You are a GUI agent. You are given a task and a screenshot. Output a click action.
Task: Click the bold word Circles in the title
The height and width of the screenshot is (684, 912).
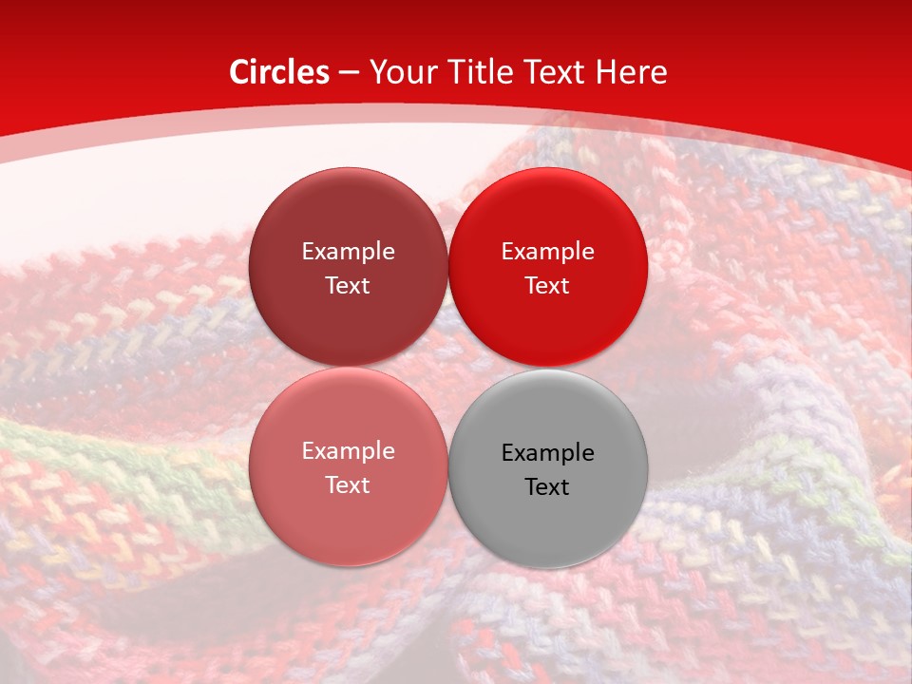point(278,72)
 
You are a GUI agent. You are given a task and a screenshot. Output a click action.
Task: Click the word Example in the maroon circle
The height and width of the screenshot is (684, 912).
point(348,251)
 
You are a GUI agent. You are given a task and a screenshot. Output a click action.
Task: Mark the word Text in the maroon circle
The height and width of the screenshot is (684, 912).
point(348,285)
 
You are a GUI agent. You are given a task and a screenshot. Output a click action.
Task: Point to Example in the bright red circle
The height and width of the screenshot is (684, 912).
point(547,251)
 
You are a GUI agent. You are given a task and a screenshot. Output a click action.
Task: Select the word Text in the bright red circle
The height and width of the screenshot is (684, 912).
point(547,285)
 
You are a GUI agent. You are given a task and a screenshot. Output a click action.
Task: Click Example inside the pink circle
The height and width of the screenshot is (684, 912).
point(348,450)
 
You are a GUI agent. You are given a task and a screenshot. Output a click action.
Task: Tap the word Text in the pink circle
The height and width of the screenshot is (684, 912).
point(348,484)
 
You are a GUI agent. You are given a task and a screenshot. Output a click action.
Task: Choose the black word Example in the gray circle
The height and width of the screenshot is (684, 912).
point(547,452)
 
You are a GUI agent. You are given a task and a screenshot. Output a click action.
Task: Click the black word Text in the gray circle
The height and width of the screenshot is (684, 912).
point(547,486)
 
